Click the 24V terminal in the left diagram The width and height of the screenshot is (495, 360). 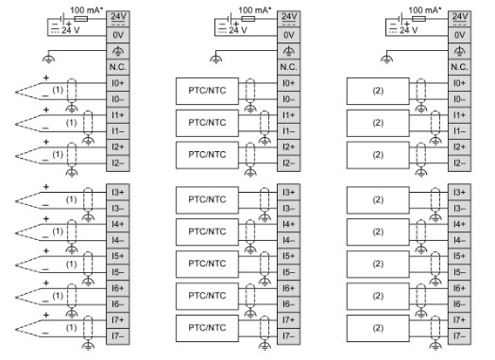point(117,18)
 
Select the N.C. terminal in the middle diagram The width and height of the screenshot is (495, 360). point(288,67)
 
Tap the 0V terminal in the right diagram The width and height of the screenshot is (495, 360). point(460,34)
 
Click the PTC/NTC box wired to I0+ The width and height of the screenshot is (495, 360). point(204,91)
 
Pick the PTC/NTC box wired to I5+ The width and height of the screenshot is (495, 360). point(204,263)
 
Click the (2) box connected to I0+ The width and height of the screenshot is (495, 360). point(377,91)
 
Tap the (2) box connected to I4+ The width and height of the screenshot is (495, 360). point(377,231)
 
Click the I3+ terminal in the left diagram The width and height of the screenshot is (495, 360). point(117,193)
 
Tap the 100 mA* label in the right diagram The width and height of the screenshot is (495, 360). point(425,9)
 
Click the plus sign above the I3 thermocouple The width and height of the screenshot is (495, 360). point(43,187)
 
